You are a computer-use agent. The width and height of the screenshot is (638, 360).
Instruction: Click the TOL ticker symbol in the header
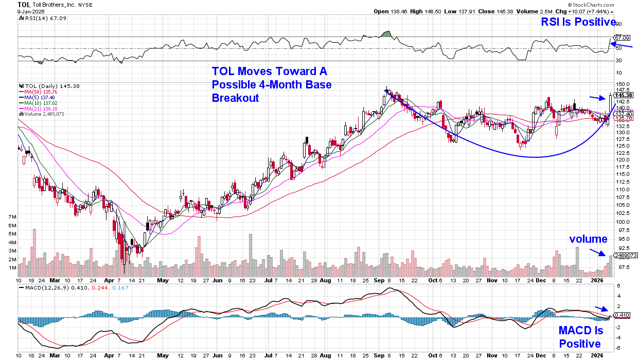24,4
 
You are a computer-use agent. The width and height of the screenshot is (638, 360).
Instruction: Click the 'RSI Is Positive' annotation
578,22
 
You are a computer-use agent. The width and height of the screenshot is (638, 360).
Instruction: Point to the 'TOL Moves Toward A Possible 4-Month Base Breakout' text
272,84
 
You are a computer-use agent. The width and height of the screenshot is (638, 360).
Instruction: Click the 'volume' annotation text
588,239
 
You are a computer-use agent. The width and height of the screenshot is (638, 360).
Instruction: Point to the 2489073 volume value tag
626,255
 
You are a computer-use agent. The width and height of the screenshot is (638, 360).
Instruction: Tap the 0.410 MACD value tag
622,315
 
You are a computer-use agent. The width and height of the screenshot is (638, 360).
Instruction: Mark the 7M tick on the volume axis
12,218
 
